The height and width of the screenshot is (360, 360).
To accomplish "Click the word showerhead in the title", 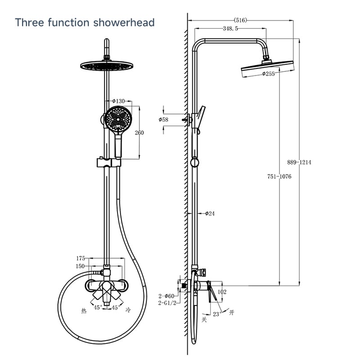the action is point(124,22).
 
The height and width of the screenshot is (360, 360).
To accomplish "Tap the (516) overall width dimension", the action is point(240,20).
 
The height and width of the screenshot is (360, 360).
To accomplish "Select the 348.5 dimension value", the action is point(230,28).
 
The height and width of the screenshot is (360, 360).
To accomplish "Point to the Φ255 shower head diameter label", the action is point(268,74).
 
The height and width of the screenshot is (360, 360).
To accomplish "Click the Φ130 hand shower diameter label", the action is point(118,101).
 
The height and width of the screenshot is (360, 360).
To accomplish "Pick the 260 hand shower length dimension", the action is point(139,132).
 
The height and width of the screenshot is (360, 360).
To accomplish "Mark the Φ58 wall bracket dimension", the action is point(163,119).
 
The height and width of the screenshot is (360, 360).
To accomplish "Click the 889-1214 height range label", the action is point(299,162).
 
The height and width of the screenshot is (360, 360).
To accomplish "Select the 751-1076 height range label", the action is point(279,176).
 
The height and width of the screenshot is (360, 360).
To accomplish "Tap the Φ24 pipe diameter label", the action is point(210,213).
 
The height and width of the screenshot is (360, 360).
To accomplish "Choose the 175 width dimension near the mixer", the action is point(81,258).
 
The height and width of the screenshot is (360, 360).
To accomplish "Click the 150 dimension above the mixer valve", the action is point(80,266).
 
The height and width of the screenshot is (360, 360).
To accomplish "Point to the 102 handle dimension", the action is point(222,292).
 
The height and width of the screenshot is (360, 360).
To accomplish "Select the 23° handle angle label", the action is point(217,314).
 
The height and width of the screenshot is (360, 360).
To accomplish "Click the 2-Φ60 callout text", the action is point(166,296).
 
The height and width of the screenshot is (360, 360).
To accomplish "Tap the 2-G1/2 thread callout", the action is point(167,303).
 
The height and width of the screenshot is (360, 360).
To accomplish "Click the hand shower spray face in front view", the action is point(118,119).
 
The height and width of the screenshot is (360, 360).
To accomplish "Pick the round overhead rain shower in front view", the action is point(107,66).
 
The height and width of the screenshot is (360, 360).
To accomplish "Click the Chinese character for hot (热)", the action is point(84,311).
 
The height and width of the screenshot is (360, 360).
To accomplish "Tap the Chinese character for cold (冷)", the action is point(128,310).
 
